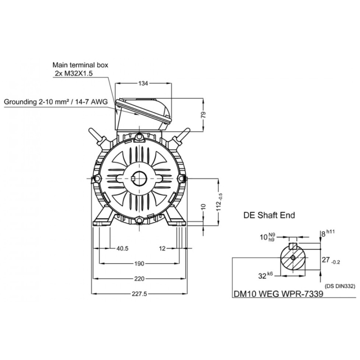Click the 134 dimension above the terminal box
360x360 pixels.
pos(143,83)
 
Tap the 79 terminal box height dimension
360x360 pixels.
pos(204,115)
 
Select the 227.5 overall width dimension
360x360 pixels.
pos(139,294)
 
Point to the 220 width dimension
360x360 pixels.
pos(139,279)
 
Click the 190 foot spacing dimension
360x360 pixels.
pos(139,263)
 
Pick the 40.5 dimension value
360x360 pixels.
pos(122,248)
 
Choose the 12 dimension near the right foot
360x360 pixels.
pos(162,248)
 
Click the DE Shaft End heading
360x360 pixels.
pos(269,215)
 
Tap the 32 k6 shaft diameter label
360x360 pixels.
pos(265,275)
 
